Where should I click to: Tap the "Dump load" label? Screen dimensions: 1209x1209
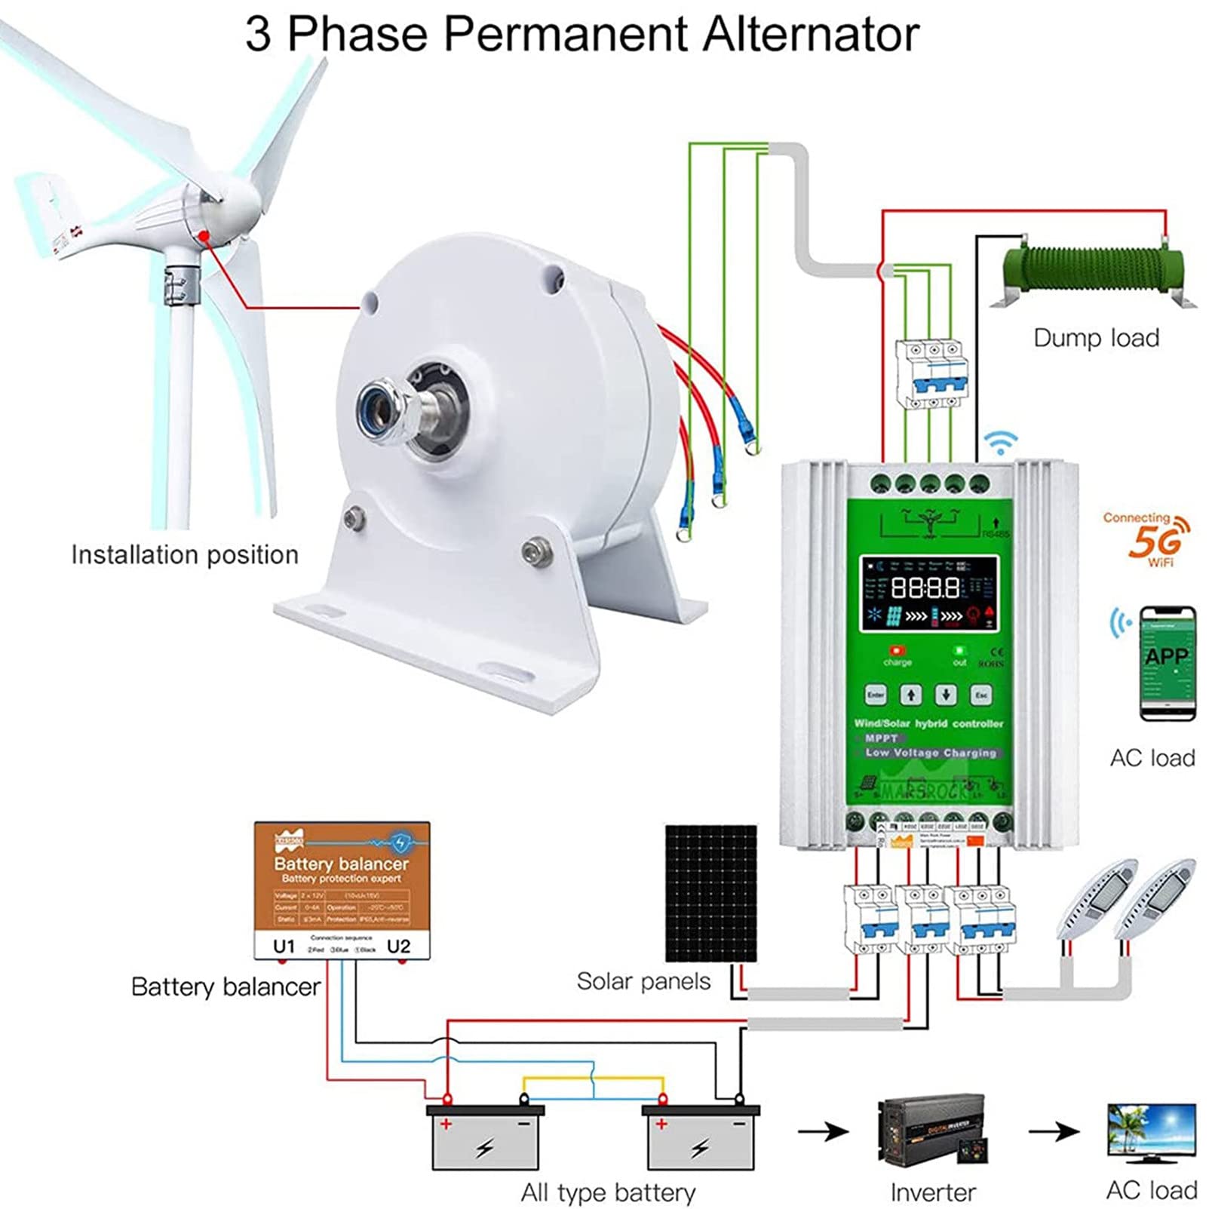tap(1096, 338)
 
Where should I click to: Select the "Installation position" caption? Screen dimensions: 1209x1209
tap(185, 555)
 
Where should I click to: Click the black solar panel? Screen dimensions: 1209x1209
tap(710, 891)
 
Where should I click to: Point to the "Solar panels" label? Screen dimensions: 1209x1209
tap(643, 981)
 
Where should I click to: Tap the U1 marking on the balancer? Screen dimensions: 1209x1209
tap(284, 947)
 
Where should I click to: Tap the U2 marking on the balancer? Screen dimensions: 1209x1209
tap(398, 947)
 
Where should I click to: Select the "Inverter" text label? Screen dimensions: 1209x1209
tap(933, 1192)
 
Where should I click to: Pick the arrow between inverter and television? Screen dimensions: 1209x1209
tap(1053, 1131)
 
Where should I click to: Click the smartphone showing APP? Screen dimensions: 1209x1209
tap(1167, 662)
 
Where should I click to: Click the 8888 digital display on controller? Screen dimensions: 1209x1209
tap(925, 588)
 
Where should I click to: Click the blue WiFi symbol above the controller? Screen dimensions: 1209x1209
tap(1001, 443)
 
